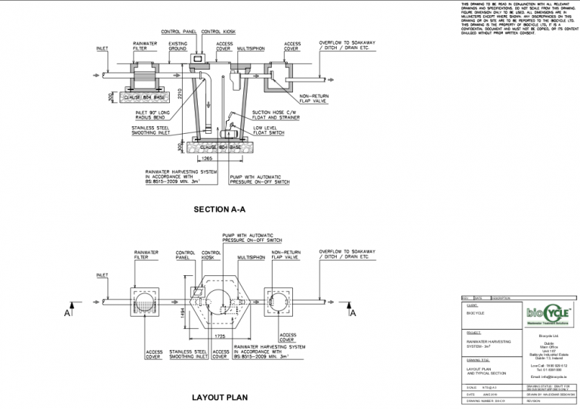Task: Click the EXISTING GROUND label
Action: point(178,46)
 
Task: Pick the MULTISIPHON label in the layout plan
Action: point(250,257)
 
